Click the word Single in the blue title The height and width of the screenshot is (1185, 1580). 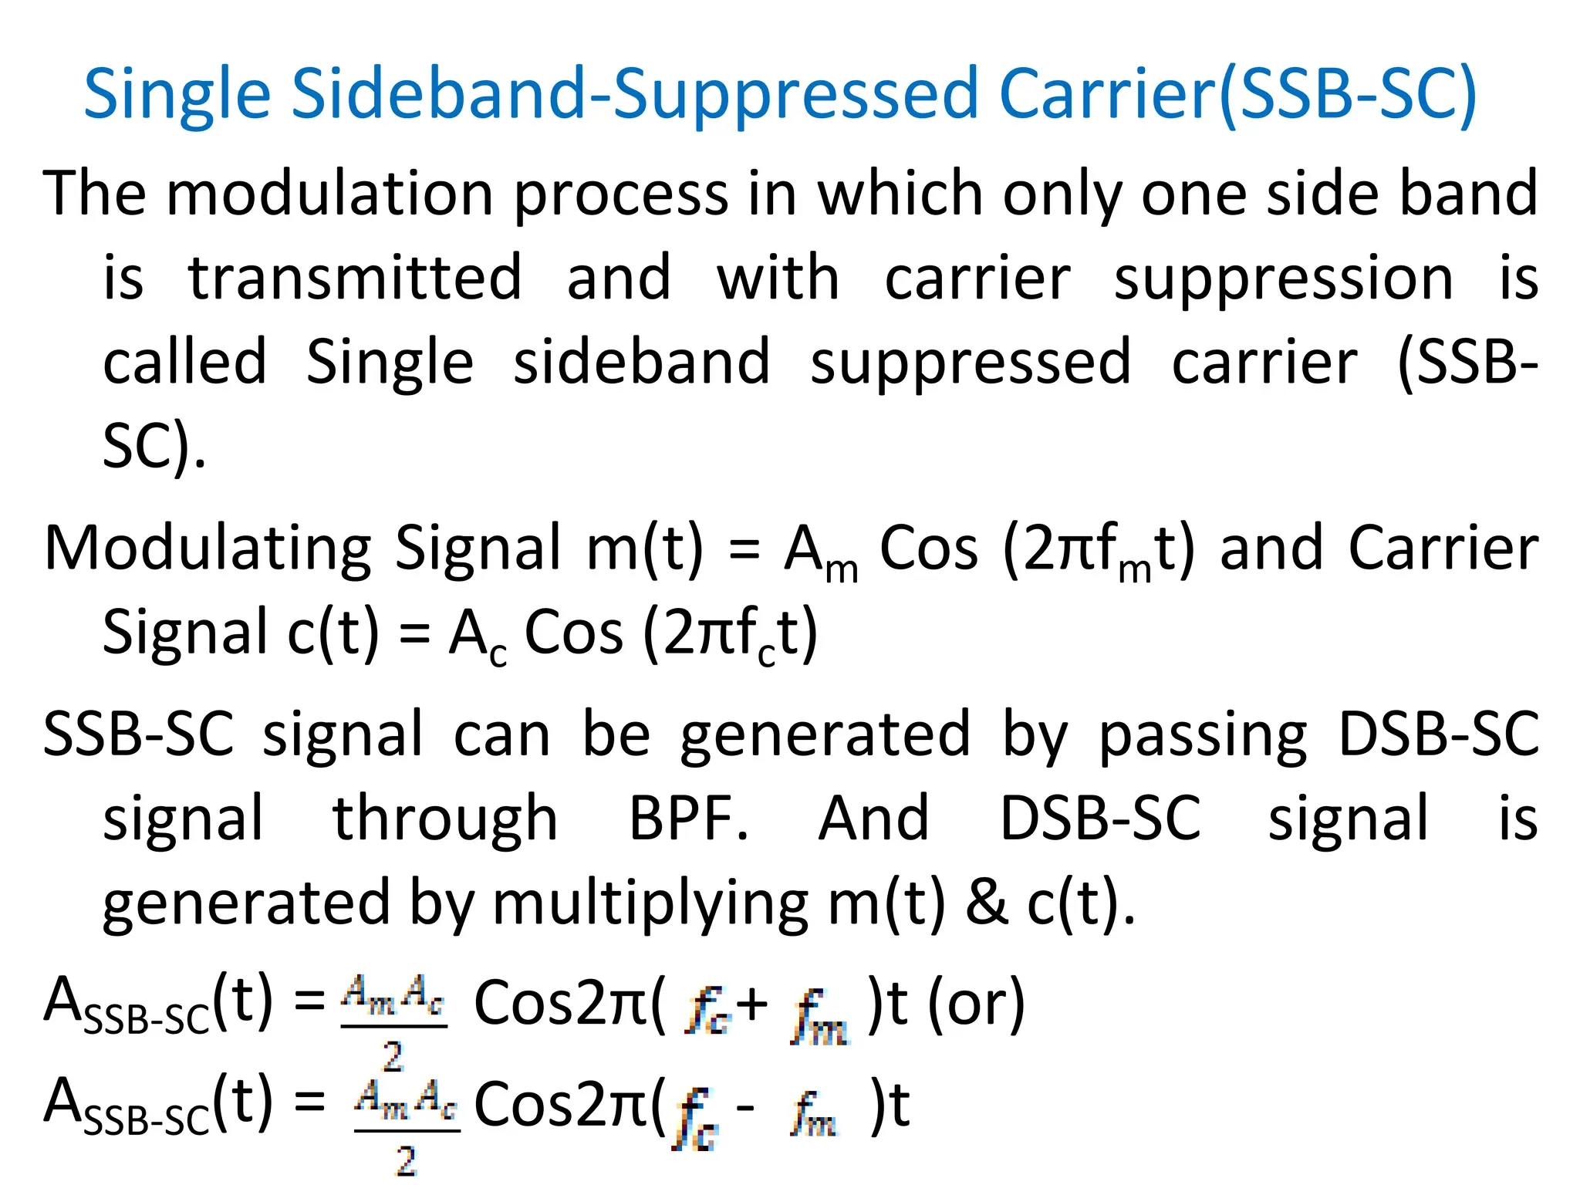coord(177,94)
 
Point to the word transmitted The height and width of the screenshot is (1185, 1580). coord(355,277)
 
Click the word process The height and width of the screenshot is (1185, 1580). coord(621,194)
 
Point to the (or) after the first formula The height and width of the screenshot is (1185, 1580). coord(976,1004)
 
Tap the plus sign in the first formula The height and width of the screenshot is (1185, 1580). coord(752,1004)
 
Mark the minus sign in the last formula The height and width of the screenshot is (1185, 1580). coord(745,1108)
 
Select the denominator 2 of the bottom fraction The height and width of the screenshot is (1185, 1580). coord(406,1160)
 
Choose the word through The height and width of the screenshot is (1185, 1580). coord(444,818)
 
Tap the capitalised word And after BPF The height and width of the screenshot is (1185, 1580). coord(873,818)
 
